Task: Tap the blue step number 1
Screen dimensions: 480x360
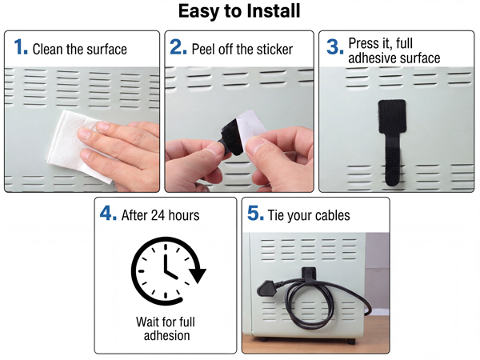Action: tap(21, 47)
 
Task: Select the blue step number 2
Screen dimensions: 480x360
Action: tap(178, 47)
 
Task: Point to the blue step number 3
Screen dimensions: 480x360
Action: tap(335, 47)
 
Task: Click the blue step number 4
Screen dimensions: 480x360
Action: tap(108, 213)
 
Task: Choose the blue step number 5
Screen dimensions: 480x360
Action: tap(255, 213)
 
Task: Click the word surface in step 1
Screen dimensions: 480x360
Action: tap(107, 50)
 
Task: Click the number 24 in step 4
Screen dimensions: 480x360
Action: tap(158, 215)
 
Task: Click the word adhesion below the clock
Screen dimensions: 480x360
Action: tap(167, 335)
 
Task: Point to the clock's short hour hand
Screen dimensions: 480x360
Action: tap(171, 274)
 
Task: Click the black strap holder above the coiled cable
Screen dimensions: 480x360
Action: tap(309, 274)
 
